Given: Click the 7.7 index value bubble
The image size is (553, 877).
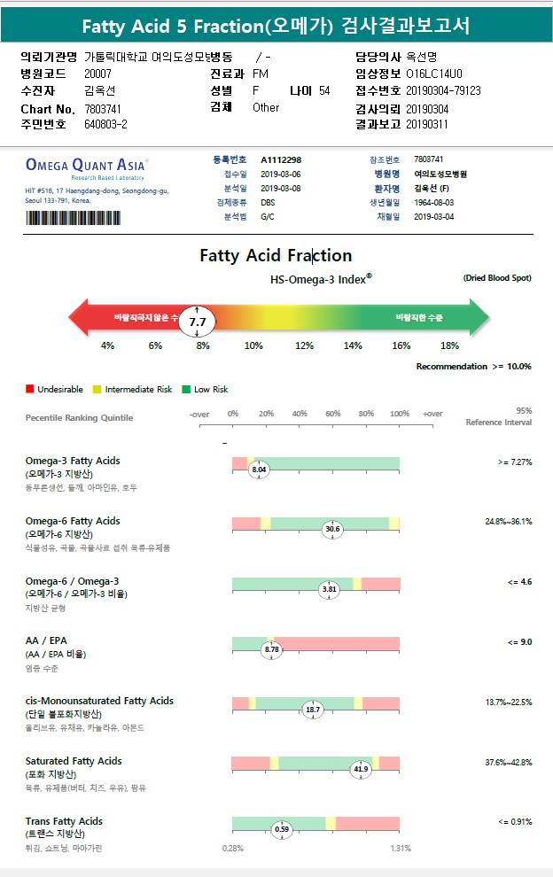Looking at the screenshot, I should point(198,322).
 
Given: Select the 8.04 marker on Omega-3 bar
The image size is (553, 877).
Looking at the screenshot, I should point(259,470).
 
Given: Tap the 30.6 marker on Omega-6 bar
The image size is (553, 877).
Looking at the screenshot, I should point(332,529).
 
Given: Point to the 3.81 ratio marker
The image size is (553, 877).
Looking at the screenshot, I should point(329,589).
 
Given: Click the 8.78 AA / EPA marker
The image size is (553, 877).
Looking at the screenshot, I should point(272,649).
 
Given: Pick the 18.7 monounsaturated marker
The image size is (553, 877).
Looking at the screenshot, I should point(313,710).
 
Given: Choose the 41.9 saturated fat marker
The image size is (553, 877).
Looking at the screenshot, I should point(361,769).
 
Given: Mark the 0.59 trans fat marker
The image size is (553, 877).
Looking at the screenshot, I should point(282,829).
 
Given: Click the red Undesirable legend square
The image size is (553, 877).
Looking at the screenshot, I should point(30,389).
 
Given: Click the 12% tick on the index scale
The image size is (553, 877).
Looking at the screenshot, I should point(304,345).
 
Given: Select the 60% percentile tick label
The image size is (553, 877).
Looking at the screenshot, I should point(333,414).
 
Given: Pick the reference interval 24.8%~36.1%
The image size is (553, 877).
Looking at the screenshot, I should point(508,522).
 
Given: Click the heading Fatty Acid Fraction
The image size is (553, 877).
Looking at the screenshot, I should point(276,256).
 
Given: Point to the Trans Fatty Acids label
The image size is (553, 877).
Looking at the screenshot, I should point(64,821).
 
